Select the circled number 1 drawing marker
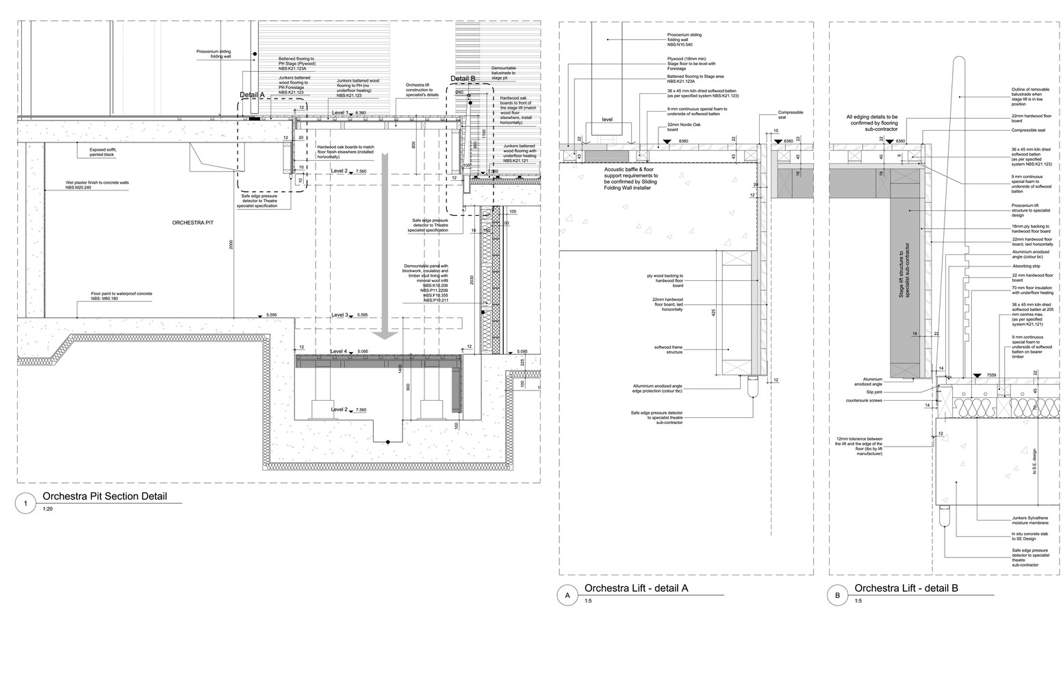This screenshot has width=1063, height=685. coord(25,504)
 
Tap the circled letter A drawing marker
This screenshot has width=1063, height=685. coord(567,596)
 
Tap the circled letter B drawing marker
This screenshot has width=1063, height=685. coord(837,596)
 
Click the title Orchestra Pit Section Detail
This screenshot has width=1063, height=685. coord(104,497)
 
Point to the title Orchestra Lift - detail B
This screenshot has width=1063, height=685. coord(906,588)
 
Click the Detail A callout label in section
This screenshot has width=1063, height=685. coord(252,95)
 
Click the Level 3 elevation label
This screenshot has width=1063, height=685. coord(340,315)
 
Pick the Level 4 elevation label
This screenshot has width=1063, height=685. coord(340,351)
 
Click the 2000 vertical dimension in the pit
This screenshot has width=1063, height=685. coord(233,245)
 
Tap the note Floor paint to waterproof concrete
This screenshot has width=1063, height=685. coord(121,296)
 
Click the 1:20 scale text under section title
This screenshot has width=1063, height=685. coord(47,510)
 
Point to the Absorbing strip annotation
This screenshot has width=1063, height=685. coord(1025,266)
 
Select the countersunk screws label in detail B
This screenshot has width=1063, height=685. coord(864,400)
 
